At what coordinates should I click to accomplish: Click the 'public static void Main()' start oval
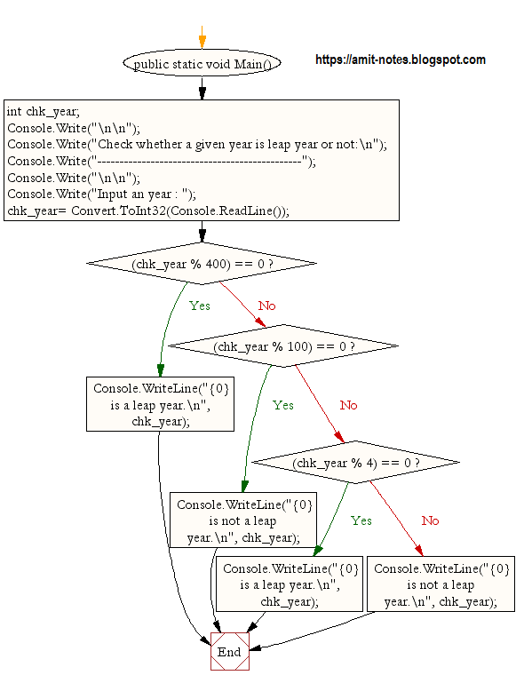tap(202, 64)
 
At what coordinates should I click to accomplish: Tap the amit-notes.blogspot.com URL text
tap(401, 60)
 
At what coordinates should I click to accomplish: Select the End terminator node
tap(229, 652)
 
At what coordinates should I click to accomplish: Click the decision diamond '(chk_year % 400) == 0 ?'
tap(202, 264)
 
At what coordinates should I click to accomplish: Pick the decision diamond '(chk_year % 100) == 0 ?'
tap(283, 346)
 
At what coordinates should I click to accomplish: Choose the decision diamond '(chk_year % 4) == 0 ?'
tap(355, 463)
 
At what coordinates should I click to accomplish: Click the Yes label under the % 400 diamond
tap(200, 306)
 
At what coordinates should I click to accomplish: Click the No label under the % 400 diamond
tap(266, 306)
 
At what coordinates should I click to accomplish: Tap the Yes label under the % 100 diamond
tap(282, 405)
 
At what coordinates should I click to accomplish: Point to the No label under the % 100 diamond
tap(348, 405)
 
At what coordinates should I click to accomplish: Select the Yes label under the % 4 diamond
tap(361, 520)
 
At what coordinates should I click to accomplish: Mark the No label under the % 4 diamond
tap(430, 520)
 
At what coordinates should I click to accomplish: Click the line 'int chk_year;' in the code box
tap(44, 111)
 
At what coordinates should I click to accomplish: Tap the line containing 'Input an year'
tap(101, 194)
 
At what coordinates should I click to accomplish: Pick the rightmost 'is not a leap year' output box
tap(441, 584)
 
